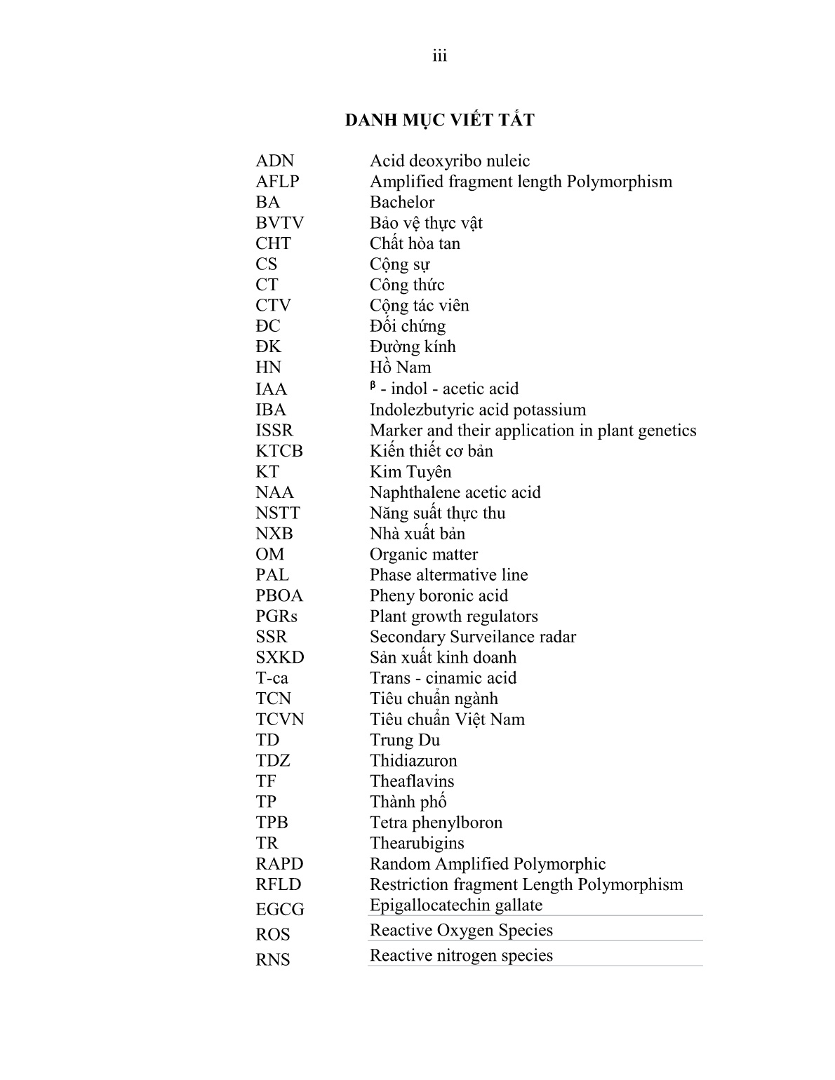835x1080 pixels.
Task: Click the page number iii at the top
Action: (439, 56)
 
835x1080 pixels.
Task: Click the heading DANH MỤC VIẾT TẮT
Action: (439, 121)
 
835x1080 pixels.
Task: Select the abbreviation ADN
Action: (274, 161)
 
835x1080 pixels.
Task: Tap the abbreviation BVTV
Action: (279, 223)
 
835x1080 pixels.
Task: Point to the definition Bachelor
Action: (402, 203)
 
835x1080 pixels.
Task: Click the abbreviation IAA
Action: (271, 389)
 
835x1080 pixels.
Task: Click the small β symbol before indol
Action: (373, 385)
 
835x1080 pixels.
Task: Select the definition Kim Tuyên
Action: (410, 472)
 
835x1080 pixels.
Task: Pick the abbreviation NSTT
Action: (277, 513)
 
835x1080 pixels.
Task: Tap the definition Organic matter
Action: (424, 555)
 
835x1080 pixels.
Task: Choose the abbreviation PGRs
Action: (276, 616)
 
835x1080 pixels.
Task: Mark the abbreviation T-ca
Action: (272, 678)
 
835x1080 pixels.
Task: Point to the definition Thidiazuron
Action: (413, 761)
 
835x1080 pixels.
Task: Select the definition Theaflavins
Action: (412, 781)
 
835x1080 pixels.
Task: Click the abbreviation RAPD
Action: (279, 864)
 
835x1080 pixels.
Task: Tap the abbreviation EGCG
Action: (279, 910)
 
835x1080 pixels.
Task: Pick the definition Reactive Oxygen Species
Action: (461, 931)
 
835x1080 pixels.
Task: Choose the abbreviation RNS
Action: (272, 959)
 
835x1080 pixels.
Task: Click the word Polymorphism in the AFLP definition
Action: (619, 182)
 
